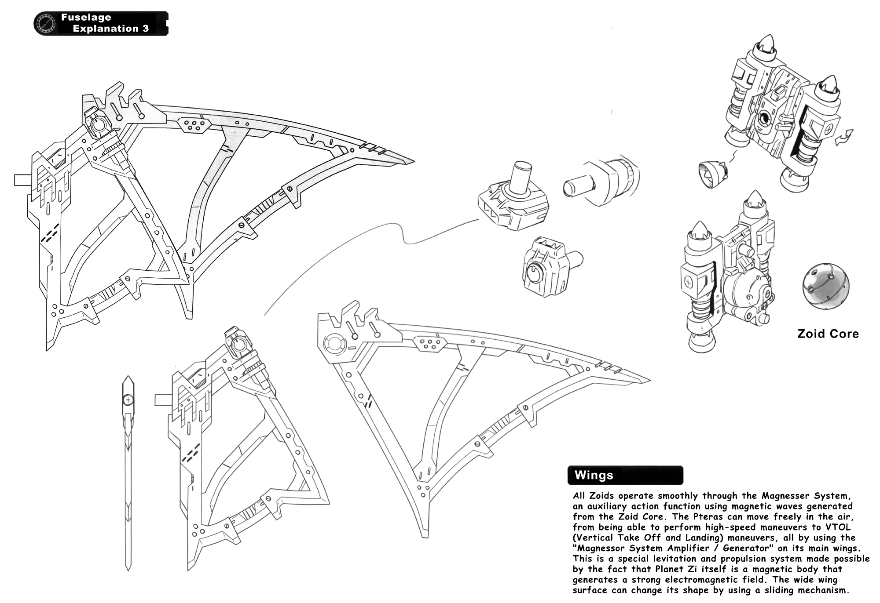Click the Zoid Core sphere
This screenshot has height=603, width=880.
point(825,286)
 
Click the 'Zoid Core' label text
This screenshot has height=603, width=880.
point(828,334)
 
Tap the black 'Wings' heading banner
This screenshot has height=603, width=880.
point(625,475)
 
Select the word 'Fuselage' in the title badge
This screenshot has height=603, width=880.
point(86,18)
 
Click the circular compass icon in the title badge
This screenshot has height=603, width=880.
point(45,23)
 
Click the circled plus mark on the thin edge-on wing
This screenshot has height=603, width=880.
point(128,400)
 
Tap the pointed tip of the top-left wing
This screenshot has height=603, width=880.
point(411,162)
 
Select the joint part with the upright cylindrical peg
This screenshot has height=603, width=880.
point(513,200)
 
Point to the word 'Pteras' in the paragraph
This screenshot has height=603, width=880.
point(704,516)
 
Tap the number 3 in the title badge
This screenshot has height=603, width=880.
point(145,29)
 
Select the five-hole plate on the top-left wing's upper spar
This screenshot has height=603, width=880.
point(194,125)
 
